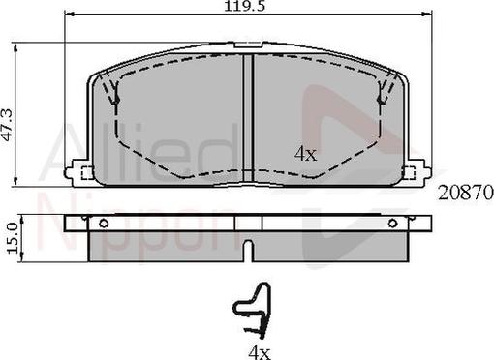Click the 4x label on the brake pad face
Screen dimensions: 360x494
coord(305,153)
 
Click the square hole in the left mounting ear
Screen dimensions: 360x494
coord(85,174)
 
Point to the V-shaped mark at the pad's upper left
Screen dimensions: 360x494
coord(113,95)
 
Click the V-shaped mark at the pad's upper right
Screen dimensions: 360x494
coord(383,95)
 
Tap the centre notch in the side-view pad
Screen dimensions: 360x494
coord(248,250)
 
